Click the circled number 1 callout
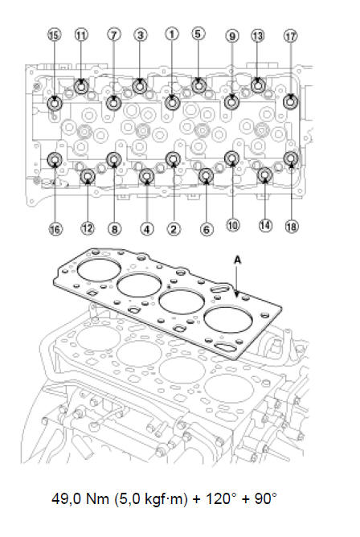click(172, 34)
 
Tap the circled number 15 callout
click(55, 35)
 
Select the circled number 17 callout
click(291, 35)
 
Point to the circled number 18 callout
click(292, 227)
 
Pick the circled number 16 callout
click(55, 229)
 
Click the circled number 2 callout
click(174, 229)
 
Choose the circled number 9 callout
click(232, 36)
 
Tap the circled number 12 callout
click(88, 228)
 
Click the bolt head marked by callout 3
click(140, 86)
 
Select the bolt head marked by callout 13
click(258, 85)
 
